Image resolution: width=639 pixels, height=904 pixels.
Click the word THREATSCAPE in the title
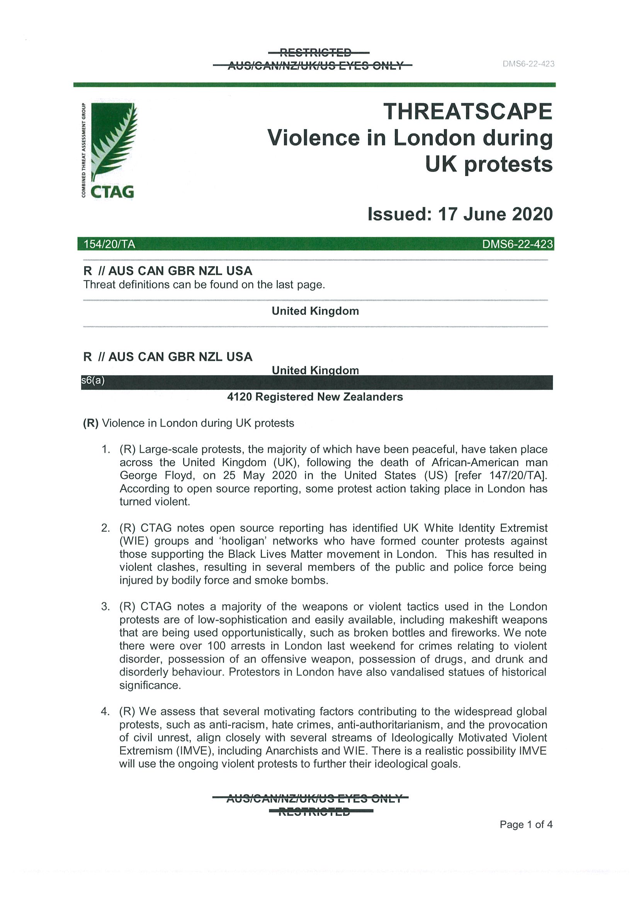468,111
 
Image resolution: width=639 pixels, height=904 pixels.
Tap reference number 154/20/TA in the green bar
109,245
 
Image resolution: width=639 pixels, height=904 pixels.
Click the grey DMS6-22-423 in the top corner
529,64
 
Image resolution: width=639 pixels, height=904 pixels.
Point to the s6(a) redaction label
93,381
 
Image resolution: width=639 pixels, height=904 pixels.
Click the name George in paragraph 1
138,476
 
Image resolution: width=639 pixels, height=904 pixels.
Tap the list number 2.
105,528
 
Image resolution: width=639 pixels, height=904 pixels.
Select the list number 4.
105,712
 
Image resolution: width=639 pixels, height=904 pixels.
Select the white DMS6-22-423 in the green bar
517,245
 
